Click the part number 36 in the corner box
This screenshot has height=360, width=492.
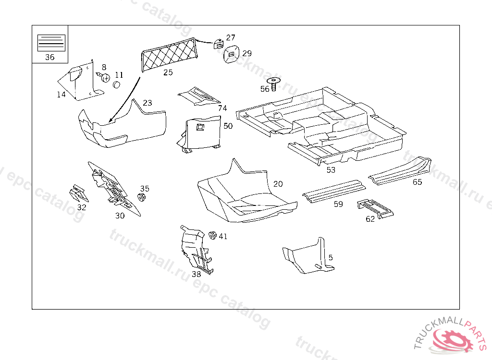click(49, 57)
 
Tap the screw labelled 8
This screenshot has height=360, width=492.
click(103, 76)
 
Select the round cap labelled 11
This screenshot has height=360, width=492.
click(116, 85)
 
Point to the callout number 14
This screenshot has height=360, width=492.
click(61, 95)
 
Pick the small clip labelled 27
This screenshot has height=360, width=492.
click(219, 43)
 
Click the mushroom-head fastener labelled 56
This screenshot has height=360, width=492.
click(274, 83)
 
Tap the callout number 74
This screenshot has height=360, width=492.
click(222, 108)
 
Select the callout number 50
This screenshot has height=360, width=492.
click(228, 126)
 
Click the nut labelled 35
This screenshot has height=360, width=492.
click(142, 197)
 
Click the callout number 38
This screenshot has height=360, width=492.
click(196, 275)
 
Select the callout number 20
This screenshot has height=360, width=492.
click(278, 184)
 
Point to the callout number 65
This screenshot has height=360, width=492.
click(417, 182)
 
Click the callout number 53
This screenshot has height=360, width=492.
click(331, 170)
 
